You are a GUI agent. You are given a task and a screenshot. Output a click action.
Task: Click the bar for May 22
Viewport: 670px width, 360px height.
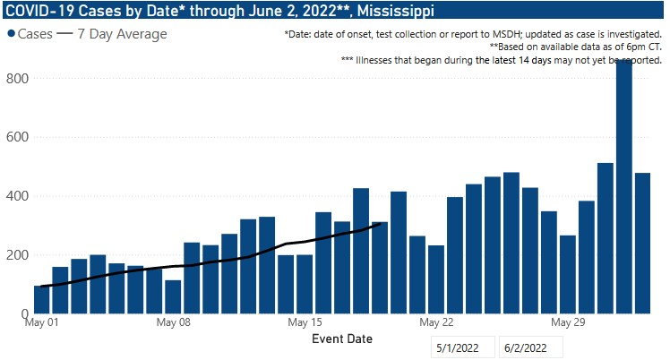click(x=436, y=279)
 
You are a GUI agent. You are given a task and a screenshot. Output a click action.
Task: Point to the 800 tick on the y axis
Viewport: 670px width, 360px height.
click(x=18, y=79)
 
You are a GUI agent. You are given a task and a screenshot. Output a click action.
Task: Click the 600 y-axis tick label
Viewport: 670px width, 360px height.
click(x=18, y=137)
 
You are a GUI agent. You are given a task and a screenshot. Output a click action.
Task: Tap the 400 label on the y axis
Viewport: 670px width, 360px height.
click(x=18, y=196)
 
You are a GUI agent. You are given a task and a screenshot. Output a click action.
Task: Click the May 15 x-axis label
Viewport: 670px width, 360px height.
click(x=305, y=321)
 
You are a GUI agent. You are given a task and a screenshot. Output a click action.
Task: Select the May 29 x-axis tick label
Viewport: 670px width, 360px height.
click(x=568, y=321)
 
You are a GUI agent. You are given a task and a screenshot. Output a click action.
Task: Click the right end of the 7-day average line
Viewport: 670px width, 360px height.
click(x=382, y=224)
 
